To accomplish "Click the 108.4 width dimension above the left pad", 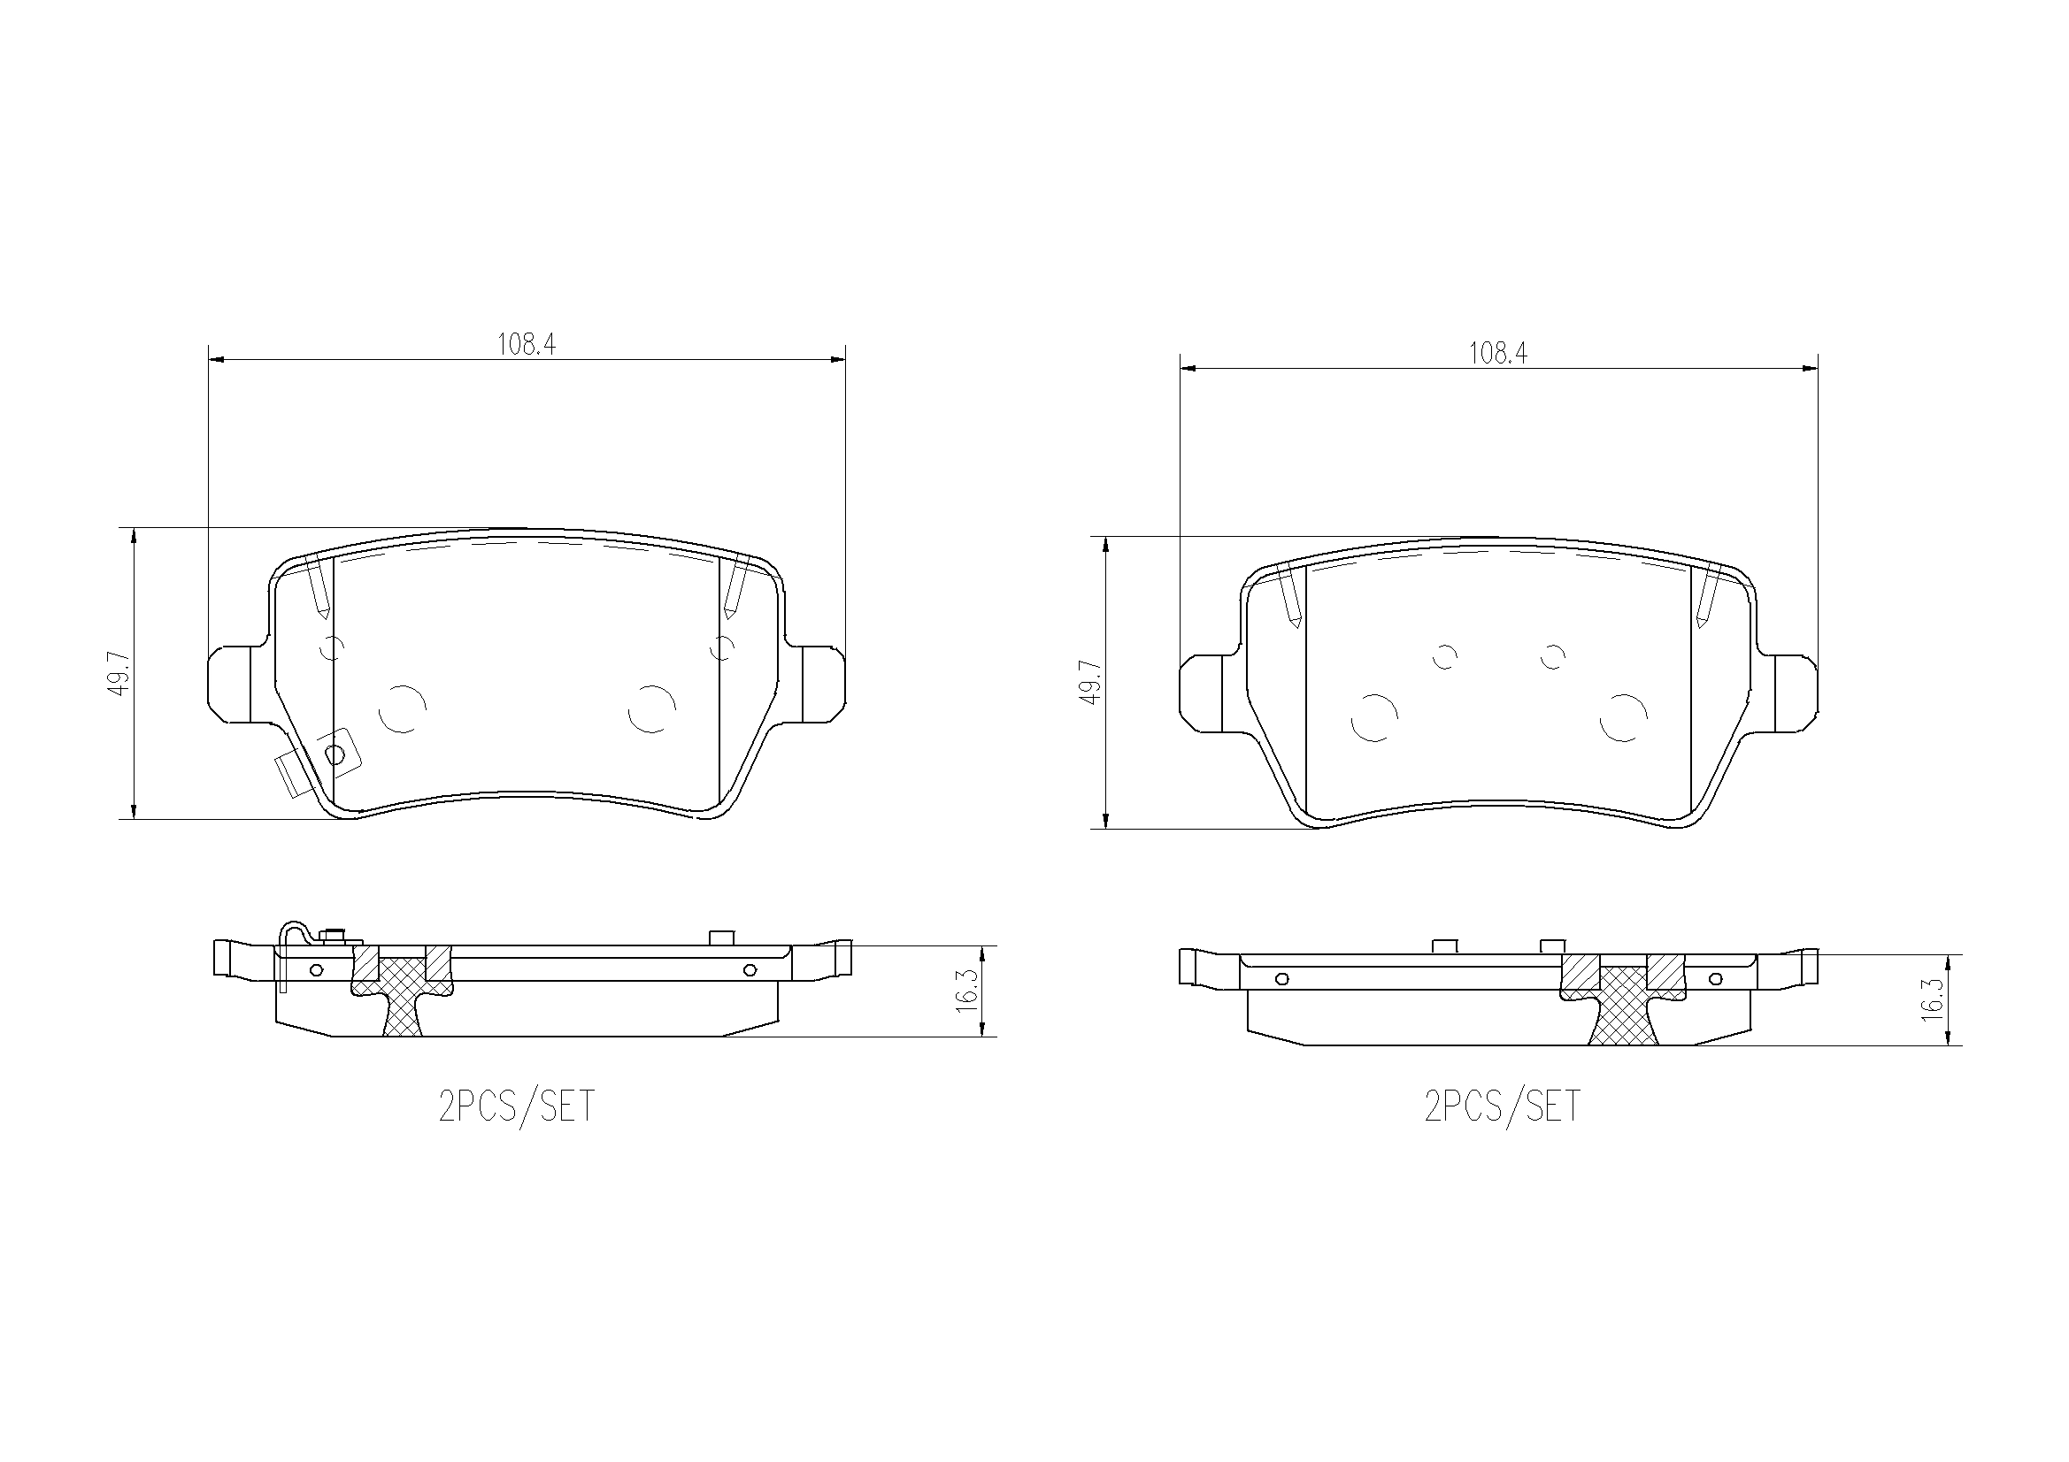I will (527, 344).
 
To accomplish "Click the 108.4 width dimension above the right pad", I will (1497, 353).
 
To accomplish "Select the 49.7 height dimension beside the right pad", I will (1092, 682).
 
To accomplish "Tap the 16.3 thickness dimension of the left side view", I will (966, 991).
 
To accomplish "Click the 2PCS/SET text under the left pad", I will (516, 1106).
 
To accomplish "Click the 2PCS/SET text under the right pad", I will (1502, 1106).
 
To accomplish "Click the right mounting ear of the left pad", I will (822, 684).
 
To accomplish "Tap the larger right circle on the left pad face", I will (651, 708).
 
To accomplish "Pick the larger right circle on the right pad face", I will (1624, 718).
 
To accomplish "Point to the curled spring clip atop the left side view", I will (293, 937).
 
